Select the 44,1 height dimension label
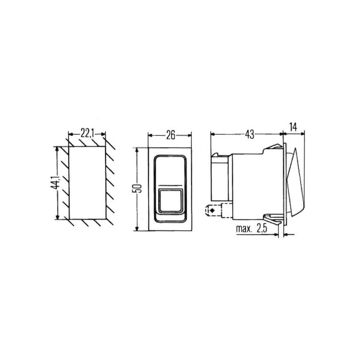point(55,183)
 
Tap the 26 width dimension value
point(171,135)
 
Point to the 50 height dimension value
point(138,188)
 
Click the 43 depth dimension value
point(249,135)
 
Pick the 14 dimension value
point(293,127)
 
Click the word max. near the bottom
point(243,229)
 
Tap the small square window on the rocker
point(170,200)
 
